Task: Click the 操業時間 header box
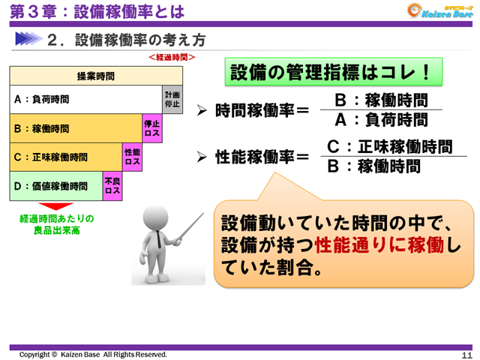click(x=96, y=76)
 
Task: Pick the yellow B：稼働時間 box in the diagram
click(x=76, y=128)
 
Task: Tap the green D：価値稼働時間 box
click(x=56, y=186)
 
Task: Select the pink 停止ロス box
click(x=152, y=128)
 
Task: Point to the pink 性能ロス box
click(x=132, y=157)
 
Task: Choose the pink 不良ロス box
click(x=112, y=186)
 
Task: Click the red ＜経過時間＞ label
click(x=172, y=57)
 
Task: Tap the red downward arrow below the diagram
click(x=55, y=207)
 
